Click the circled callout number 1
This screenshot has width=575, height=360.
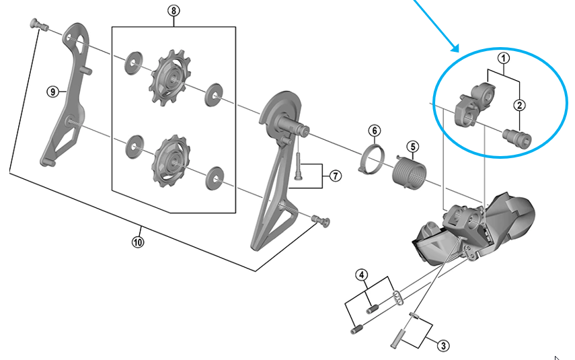(502, 59)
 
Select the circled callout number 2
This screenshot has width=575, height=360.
(519, 104)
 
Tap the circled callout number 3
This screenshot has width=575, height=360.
(442, 346)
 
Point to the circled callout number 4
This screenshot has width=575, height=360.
(362, 275)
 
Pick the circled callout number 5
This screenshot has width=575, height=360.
(412, 146)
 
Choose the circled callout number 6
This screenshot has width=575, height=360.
(374, 130)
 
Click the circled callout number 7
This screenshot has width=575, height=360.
(335, 176)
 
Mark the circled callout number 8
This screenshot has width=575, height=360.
(174, 11)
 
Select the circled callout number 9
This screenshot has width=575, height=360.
(52, 92)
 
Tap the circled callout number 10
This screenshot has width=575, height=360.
(138, 240)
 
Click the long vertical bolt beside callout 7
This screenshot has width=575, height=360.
(297, 167)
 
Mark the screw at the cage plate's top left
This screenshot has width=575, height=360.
(38, 25)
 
